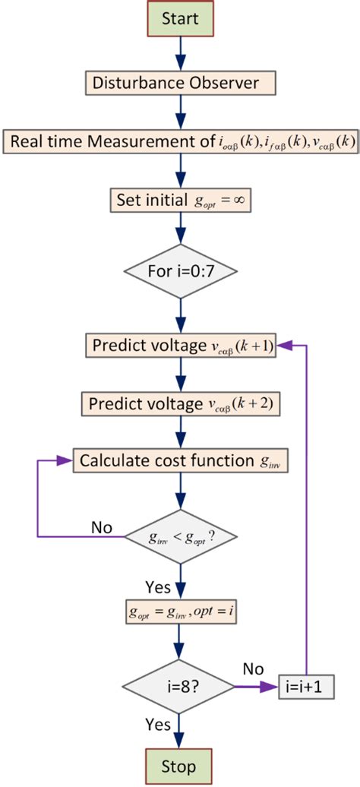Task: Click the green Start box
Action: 181,18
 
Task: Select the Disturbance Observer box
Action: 181,81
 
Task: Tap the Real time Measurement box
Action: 181,142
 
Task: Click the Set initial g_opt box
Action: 181,202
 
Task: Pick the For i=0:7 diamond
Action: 181,270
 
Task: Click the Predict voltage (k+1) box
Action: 181,346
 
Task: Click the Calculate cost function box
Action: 181,460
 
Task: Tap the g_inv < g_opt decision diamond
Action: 181,536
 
